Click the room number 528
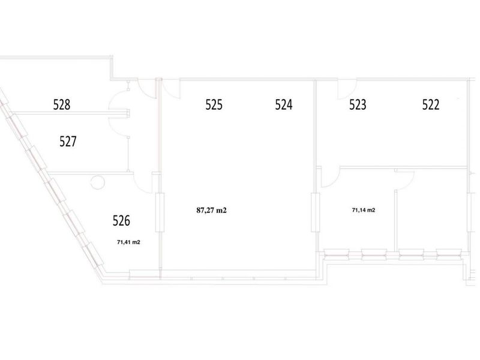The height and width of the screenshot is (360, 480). [62, 104]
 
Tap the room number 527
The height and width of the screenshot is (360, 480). [68, 142]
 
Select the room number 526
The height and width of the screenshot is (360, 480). [121, 221]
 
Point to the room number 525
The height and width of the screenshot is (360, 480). [214, 104]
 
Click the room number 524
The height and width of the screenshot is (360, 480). [283, 104]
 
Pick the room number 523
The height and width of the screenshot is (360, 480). [358, 104]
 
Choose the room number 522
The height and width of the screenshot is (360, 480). [431, 104]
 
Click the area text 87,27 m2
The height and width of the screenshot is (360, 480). [211, 211]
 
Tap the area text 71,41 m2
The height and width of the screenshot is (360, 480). [128, 242]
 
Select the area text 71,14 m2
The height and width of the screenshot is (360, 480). [364, 210]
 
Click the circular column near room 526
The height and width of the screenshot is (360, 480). [98, 182]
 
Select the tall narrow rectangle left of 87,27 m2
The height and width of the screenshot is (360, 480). [160, 212]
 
